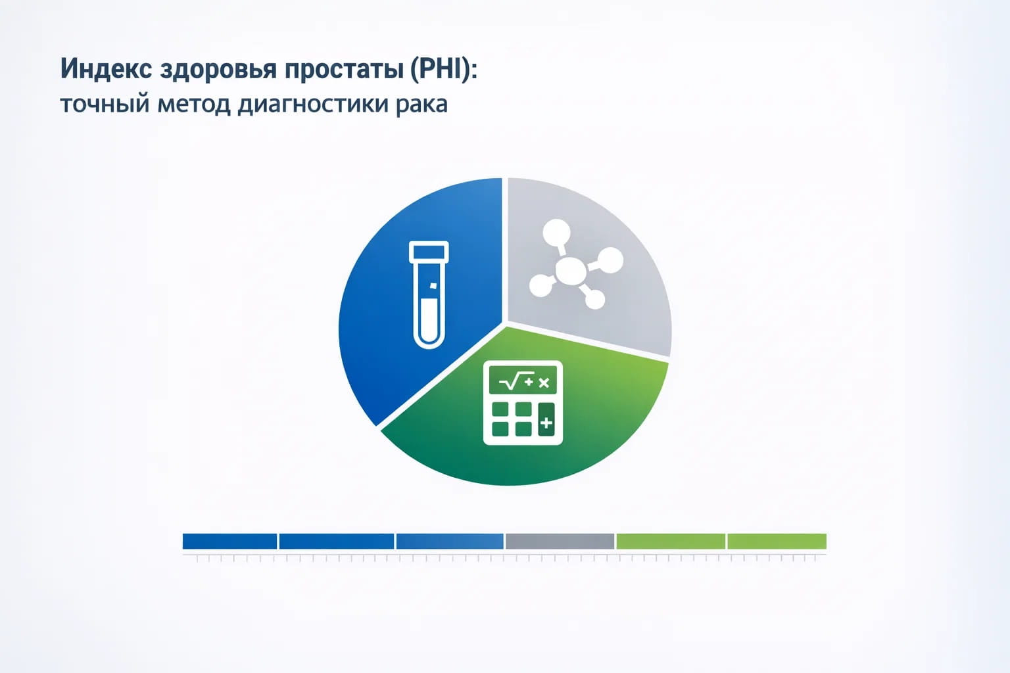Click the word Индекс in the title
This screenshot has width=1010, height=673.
(x=106, y=69)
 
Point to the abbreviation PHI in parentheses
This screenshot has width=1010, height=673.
(x=441, y=69)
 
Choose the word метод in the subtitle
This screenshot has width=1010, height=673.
(x=194, y=104)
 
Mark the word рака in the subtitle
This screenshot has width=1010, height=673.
(x=421, y=104)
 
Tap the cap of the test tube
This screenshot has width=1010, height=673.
(x=429, y=252)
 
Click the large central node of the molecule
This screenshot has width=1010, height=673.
(x=570, y=270)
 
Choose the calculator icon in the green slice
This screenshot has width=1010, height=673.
(x=523, y=403)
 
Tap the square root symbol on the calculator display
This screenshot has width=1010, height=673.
(x=510, y=381)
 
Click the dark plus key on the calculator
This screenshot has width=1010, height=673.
(x=546, y=423)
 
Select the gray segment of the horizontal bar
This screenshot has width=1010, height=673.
(x=560, y=541)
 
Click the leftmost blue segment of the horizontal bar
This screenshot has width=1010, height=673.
(x=229, y=541)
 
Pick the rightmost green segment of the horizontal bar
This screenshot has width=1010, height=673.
(x=777, y=541)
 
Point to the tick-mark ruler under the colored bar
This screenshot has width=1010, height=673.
(x=504, y=558)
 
